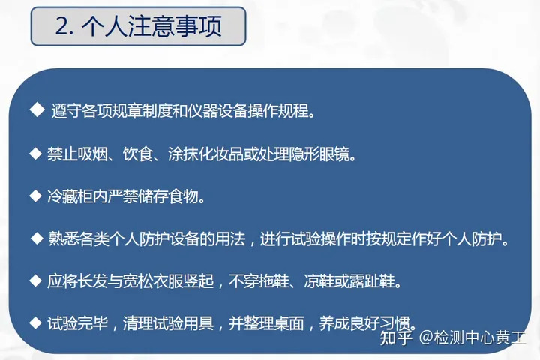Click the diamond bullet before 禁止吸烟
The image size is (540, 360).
[34, 153]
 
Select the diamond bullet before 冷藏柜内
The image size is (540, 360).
[34, 196]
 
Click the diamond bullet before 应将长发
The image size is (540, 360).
[34, 280]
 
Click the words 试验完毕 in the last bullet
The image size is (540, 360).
[75, 325]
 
